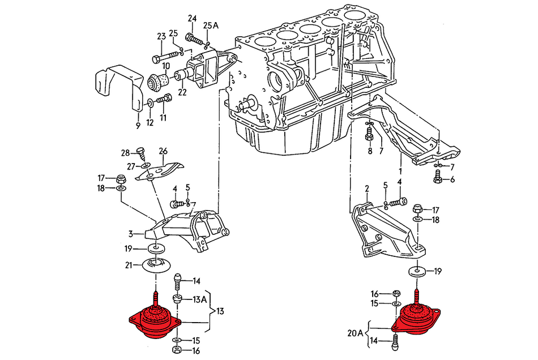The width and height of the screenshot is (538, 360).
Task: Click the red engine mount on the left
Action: point(154,323)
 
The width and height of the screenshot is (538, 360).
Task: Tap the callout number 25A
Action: point(211,25)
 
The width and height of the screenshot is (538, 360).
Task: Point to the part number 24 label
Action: point(192,18)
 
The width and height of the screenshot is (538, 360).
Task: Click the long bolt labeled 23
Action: point(165,57)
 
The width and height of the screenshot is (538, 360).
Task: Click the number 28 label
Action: point(125,153)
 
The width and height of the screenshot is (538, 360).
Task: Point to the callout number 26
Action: point(163,151)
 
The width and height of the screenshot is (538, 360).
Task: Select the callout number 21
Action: point(129,265)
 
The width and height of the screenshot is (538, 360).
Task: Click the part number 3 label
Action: point(130,233)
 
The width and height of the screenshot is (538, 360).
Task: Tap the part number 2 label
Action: point(366,188)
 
